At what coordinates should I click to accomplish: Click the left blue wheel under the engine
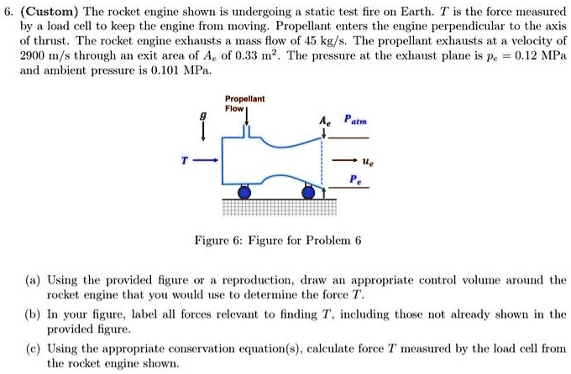[x=244, y=192]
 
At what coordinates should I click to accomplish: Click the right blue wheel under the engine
[x=308, y=192]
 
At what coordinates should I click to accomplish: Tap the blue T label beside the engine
[x=185, y=160]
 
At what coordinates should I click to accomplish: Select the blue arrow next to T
[x=206, y=160]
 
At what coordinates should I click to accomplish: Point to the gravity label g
[x=203, y=116]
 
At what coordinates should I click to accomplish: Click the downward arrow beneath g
[x=203, y=131]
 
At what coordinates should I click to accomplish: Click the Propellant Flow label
[x=244, y=104]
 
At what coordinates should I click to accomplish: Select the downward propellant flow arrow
[x=247, y=117]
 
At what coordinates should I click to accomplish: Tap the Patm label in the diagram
[x=355, y=120]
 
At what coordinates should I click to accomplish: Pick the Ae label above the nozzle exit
[x=325, y=121]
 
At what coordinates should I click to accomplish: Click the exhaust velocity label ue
[x=368, y=161]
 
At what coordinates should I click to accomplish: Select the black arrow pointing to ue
[x=344, y=160]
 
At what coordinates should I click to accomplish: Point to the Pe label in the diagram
[x=355, y=179]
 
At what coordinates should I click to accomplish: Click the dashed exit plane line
[x=322, y=163]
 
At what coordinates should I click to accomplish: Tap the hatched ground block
[x=280, y=208]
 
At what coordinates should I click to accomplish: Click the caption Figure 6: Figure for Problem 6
[x=277, y=240]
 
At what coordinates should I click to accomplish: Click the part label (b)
[x=33, y=314]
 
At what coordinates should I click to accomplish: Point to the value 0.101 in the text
[x=165, y=70]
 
